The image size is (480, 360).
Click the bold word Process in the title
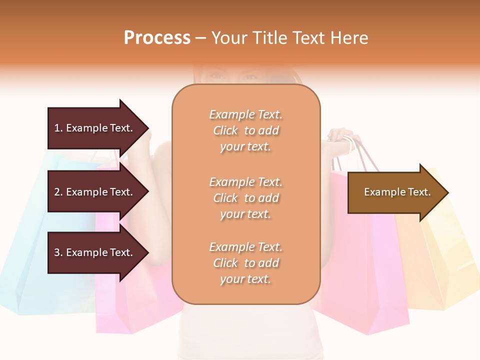pos(157,38)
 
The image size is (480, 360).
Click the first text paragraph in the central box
pos(245,130)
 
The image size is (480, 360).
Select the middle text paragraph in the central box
pos(245,198)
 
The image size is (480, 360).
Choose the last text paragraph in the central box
pos(245,263)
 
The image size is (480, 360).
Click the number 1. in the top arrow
pos(58,128)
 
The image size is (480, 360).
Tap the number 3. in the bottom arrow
pos(58,252)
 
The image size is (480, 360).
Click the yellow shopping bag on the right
pos(445,260)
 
